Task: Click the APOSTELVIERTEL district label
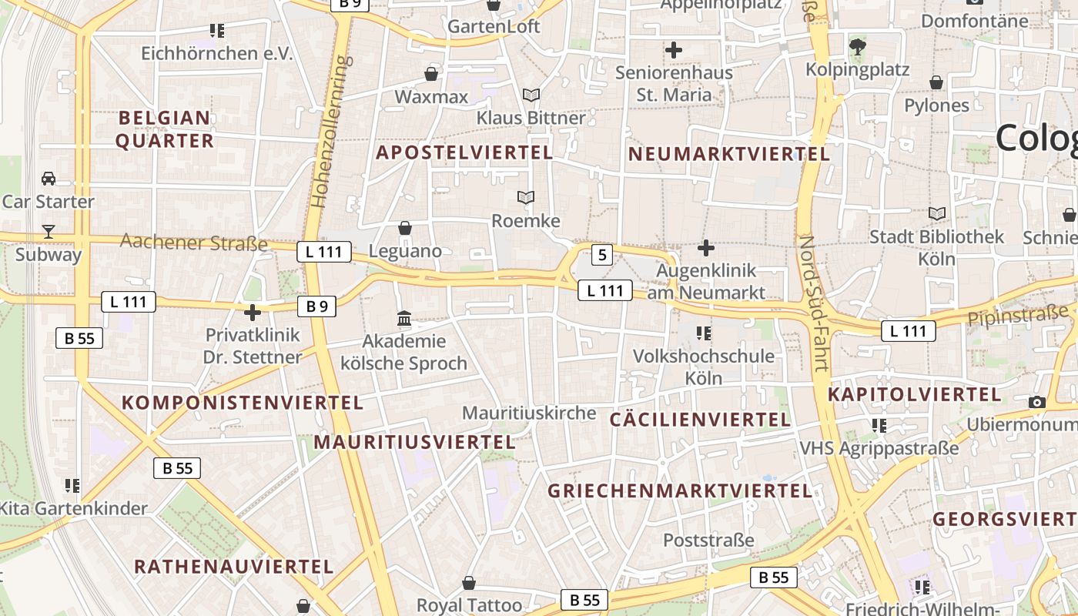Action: click(464, 152)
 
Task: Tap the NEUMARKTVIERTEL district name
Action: click(729, 154)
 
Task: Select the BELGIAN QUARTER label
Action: click(165, 129)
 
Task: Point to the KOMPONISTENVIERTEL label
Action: click(243, 403)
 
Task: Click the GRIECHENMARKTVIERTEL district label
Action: click(680, 491)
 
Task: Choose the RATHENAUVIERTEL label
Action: click(234, 567)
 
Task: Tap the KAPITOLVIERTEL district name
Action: click(914, 395)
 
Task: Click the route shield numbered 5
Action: click(602, 255)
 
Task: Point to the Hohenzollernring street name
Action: click(330, 131)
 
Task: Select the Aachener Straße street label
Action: click(194, 243)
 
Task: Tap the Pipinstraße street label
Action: click(1018, 314)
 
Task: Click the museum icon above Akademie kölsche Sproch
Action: click(404, 318)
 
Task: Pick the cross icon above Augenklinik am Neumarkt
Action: click(705, 248)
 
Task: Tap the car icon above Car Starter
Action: click(49, 179)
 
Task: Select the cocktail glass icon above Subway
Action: click(49, 231)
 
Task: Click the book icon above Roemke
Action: click(526, 198)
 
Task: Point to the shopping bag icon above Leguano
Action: click(405, 228)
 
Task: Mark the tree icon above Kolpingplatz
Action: click(857, 46)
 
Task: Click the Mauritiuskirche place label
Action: click(529, 413)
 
